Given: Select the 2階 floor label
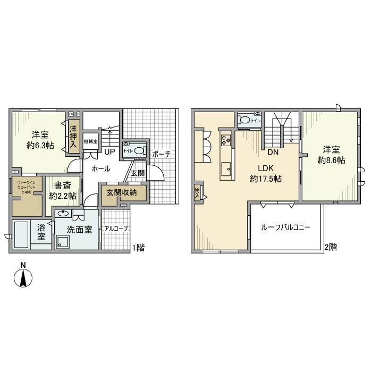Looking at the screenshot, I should click(330, 247).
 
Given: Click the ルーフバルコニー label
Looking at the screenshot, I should click(285, 227).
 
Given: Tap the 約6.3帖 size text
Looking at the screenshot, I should click(40, 145).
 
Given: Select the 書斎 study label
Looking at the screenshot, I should click(62, 186).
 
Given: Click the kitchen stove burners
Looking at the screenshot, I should click(226, 140).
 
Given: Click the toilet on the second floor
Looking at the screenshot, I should click(245, 121).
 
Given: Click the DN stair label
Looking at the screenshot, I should click(273, 153).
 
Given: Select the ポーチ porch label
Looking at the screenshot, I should click(161, 154).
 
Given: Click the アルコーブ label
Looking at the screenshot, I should click(116, 229).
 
